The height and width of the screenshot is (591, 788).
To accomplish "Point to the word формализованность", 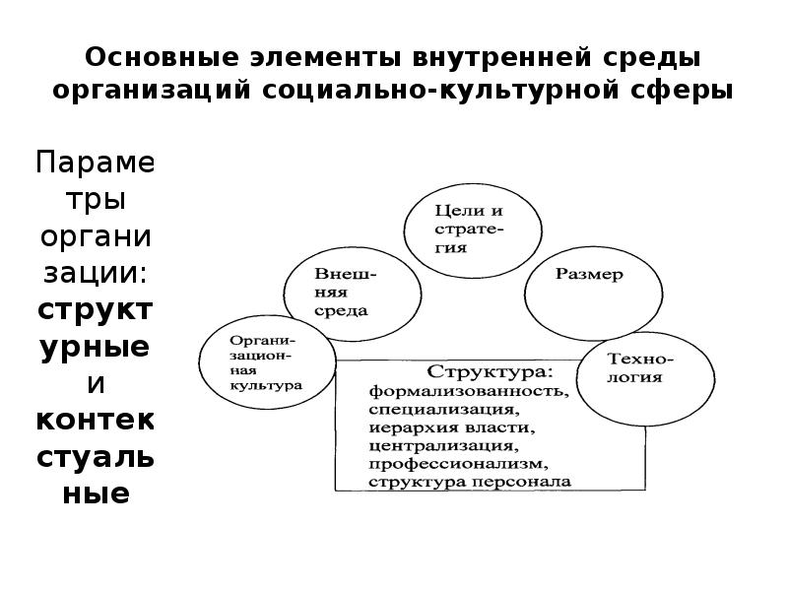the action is pos(469,391).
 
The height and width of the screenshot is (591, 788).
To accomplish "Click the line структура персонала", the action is pos(469,482).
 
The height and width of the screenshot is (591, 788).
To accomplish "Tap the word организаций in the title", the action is pos(152,90).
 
